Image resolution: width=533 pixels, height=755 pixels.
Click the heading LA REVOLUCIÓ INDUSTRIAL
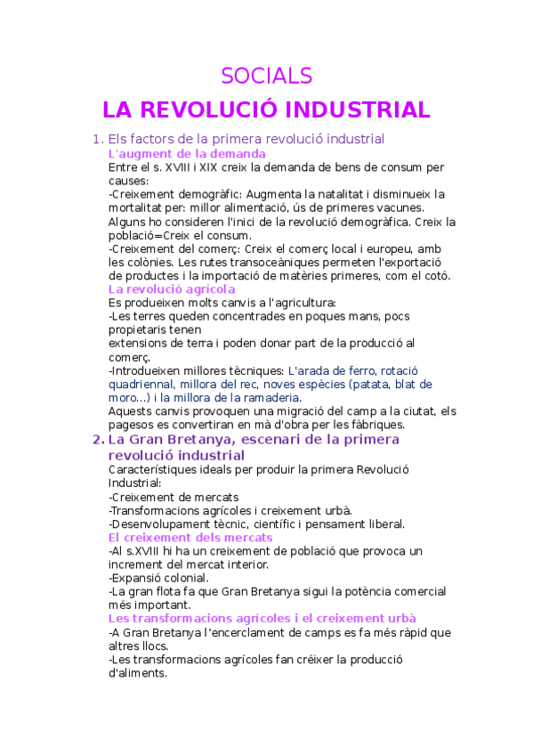tap(266, 110)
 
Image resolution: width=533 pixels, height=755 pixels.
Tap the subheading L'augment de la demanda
tap(186, 153)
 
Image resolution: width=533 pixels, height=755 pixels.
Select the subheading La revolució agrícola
tap(171, 288)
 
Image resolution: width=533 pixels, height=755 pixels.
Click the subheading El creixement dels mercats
tap(190, 537)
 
